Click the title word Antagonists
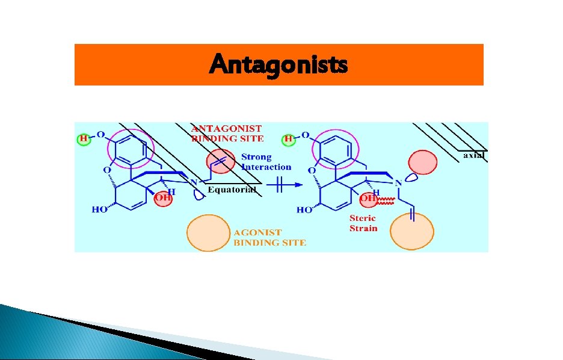(x=278, y=64)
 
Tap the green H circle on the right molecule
(x=289, y=139)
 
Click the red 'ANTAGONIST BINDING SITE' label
(x=227, y=133)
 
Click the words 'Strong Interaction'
(x=266, y=162)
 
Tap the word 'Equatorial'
(x=232, y=190)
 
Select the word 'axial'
(x=473, y=155)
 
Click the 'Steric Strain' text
(x=363, y=223)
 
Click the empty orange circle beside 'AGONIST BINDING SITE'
(x=208, y=232)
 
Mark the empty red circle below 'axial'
(x=423, y=163)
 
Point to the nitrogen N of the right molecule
(x=398, y=183)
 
